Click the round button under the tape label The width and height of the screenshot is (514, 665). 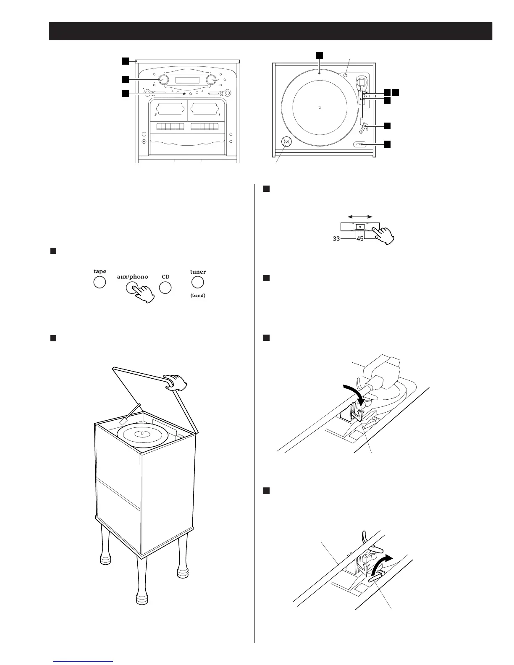pos(99,282)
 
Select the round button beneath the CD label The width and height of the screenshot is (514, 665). pos(165,288)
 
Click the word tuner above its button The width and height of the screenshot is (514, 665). pos(198,272)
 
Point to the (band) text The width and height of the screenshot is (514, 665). pos(198,295)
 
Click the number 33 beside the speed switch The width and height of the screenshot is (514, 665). pos(336,239)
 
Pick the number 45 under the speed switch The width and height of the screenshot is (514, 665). pos(360,239)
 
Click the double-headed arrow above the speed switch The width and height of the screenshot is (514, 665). pos(360,217)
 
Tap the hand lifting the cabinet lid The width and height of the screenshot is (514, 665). pos(176,382)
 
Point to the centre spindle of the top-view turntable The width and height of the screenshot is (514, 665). pos(320,108)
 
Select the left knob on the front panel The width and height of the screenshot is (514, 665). pos(163,80)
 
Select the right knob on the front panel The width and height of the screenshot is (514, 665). pos(215,80)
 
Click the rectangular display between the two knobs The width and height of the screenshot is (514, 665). pos(189,80)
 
